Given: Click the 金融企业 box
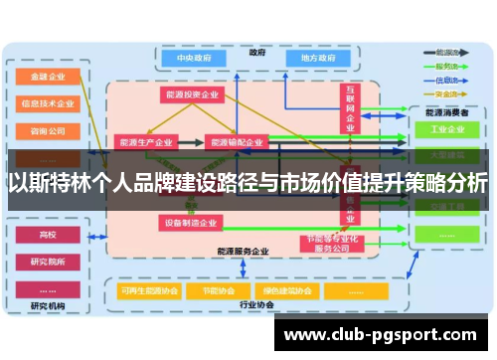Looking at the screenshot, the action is point(48,76).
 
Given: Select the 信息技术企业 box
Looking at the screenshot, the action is point(48,102).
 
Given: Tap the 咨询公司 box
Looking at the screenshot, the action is point(48,129).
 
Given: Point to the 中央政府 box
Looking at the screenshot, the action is point(197,59).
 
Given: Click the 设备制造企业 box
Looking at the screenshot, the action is point(191,223).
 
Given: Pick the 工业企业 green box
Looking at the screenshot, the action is point(446,129).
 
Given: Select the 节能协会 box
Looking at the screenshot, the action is point(215,291).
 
